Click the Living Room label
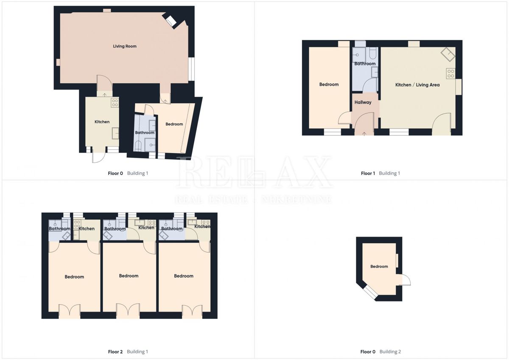coord(125,46)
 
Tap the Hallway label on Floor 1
coord(363,102)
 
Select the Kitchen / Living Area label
coord(417,85)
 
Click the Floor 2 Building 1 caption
coord(128,352)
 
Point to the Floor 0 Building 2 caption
coord(380,352)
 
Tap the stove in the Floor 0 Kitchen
coord(115,102)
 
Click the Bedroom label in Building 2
coord(379,267)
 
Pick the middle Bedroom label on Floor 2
coord(129,276)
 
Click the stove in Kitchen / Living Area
coord(450,73)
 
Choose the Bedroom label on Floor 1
coord(329,84)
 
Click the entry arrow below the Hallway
coord(365,134)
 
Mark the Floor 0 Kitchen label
coord(102,122)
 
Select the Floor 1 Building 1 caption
coord(380,173)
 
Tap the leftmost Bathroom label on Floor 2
coord(59,229)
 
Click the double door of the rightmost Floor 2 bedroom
coord(192,311)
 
